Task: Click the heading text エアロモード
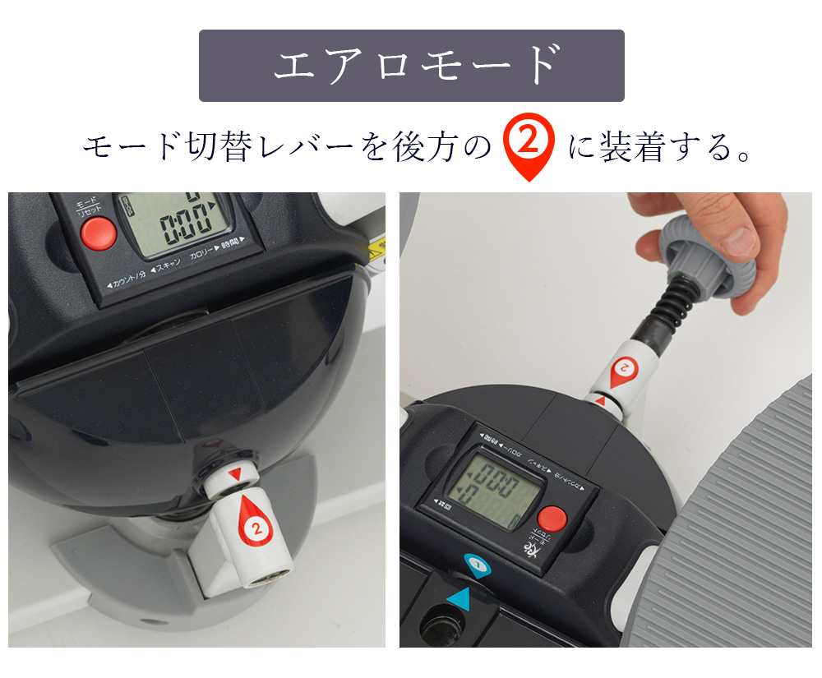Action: [411, 66]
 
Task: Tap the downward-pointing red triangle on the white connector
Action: [237, 474]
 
